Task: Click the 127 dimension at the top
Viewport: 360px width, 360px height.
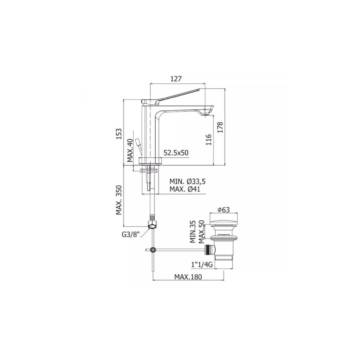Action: pyautogui.click(x=176, y=79)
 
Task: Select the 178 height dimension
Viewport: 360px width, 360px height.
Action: pyautogui.click(x=220, y=127)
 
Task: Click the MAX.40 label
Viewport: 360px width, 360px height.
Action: pyautogui.click(x=130, y=150)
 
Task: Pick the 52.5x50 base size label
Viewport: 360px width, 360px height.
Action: pyautogui.click(x=176, y=153)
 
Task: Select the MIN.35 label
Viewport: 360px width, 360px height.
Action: pyautogui.click(x=193, y=232)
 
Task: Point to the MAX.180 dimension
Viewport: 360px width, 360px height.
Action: pyautogui.click(x=188, y=276)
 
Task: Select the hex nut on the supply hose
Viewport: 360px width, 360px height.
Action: pyautogui.click(x=153, y=224)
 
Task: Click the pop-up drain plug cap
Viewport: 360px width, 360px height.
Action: pyautogui.click(x=223, y=219)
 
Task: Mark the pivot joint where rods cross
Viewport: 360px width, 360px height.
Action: pyautogui.click(x=153, y=249)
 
